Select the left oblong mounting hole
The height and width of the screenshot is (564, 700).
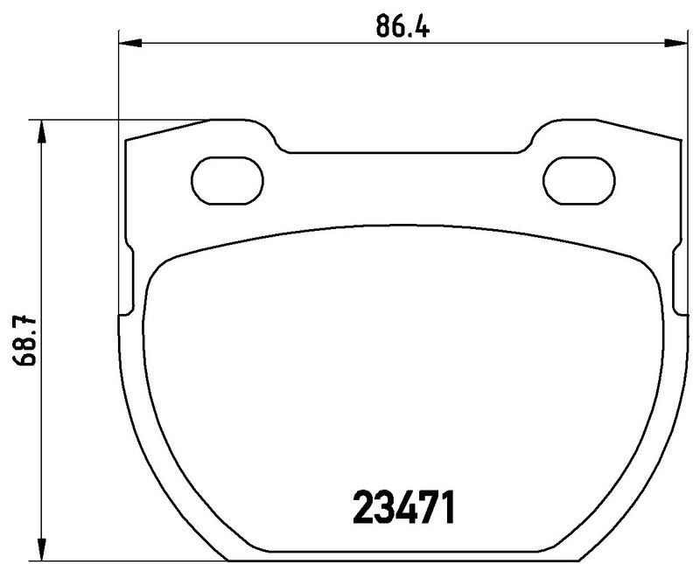tap(227, 181)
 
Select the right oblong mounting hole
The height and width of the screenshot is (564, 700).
tap(579, 181)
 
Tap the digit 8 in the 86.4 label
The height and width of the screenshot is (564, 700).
tap(384, 24)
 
